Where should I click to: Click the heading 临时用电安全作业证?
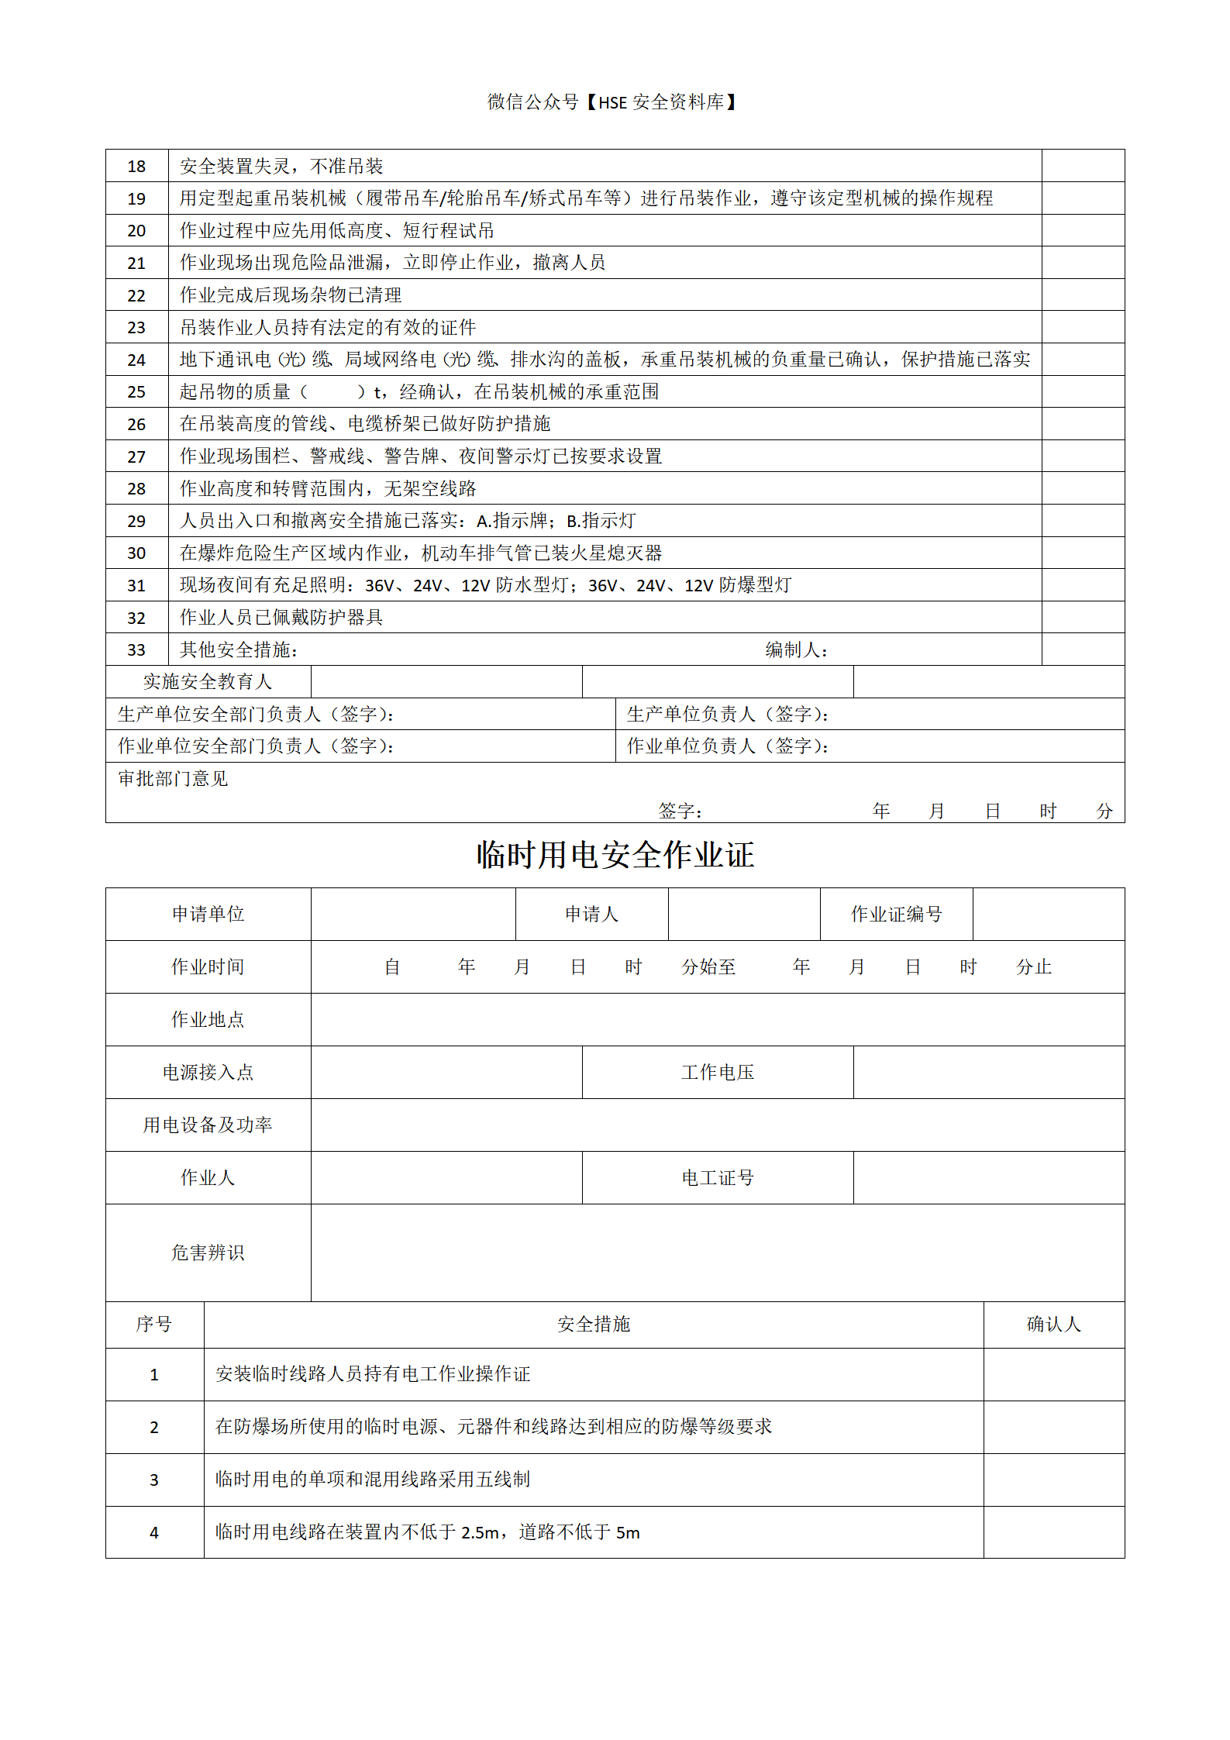pos(615,855)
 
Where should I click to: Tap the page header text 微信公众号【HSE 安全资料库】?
pos(612,102)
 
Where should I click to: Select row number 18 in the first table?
pos(136,167)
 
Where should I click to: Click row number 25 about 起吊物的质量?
pos(136,392)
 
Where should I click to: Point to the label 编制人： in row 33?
pos(796,650)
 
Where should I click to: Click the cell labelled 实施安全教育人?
pos(208,682)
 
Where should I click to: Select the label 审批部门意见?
pos(173,779)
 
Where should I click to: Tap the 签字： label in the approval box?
pos(680,811)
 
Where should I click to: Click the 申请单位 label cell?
pos(208,915)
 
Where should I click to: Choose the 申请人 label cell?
pos(591,915)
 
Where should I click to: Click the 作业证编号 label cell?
pos(896,915)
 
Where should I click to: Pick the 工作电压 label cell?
pos(718,1073)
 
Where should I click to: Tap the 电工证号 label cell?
pos(718,1178)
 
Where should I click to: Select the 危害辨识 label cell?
pos(208,1252)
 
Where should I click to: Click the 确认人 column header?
pos(1053,1325)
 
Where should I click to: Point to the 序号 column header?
pos(154,1325)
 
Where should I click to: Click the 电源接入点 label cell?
pos(208,1073)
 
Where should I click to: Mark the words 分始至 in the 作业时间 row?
pos(708,967)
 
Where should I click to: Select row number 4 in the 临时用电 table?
pos(154,1533)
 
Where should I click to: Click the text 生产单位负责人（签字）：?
pos(728,715)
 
